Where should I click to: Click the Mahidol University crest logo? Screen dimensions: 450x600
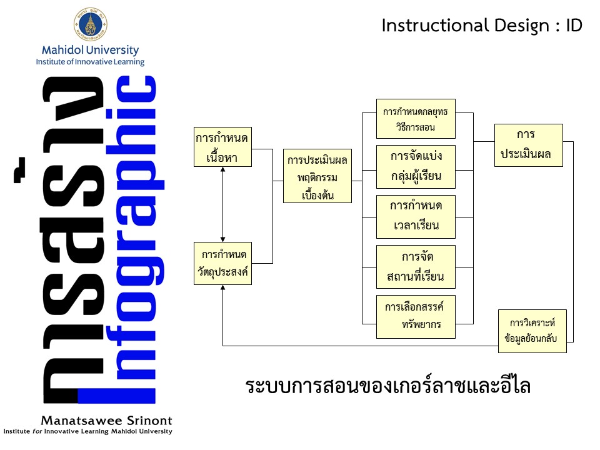point(90,24)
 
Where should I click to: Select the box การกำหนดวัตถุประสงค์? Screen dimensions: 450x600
point(223,263)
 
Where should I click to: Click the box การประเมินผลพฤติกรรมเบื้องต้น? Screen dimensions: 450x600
point(317,176)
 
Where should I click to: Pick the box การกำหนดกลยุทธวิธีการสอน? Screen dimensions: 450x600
point(416,119)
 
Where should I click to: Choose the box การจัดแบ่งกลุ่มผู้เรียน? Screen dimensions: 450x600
point(416,166)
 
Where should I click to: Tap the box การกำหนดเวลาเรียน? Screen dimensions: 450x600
point(416,216)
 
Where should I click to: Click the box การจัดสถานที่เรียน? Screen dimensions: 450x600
point(416,267)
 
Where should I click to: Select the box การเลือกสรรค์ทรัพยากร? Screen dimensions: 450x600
point(416,316)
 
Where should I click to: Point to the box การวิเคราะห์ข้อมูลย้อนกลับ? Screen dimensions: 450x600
point(532,331)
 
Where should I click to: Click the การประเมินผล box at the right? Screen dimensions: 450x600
point(529,145)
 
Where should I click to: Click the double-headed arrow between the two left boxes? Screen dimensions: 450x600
point(223,204)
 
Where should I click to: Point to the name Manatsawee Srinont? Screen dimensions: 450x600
point(106,421)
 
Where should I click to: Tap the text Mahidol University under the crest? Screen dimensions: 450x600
point(90,50)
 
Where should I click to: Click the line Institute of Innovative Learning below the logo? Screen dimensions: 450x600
point(90,62)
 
